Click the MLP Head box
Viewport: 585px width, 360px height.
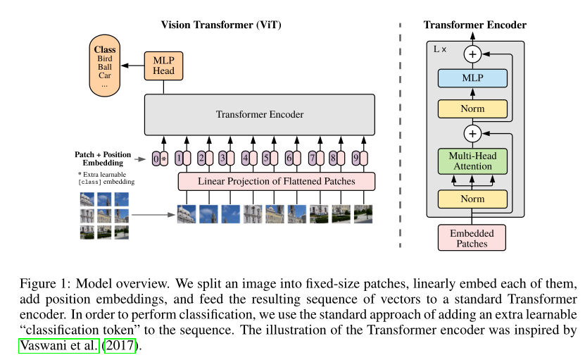click(163, 65)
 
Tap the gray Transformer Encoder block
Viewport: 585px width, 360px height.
click(260, 115)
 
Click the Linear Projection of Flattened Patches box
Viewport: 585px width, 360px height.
click(276, 181)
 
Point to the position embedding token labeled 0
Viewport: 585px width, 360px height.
click(156, 159)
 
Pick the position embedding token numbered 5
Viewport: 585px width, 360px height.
click(266, 159)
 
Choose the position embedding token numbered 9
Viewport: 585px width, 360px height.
click(356, 159)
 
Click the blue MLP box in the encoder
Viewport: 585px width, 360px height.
click(472, 78)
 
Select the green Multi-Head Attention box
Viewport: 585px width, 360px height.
click(472, 160)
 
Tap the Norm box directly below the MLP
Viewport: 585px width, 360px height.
click(472, 109)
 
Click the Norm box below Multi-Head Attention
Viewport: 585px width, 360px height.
click(472, 199)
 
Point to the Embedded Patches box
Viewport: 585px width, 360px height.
click(472, 238)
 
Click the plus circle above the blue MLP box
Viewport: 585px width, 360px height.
click(472, 54)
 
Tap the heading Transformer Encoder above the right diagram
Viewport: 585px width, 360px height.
click(474, 25)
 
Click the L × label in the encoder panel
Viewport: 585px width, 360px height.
click(439, 50)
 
